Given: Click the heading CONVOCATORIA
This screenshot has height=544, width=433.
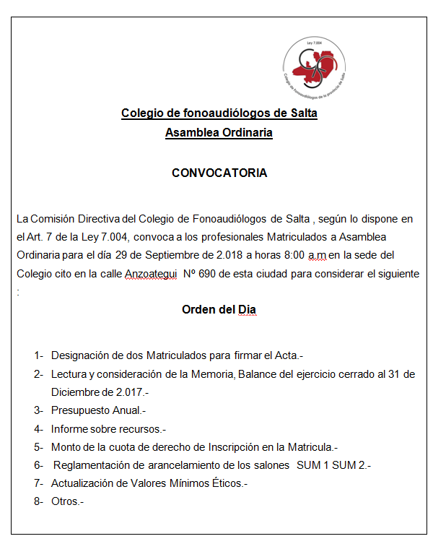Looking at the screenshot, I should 219,173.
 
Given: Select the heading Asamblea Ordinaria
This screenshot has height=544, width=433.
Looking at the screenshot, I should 219,133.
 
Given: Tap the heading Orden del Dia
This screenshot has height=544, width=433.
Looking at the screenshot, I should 219,310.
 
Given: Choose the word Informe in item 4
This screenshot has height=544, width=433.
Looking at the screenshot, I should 69,428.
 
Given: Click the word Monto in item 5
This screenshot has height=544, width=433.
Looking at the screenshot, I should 66,447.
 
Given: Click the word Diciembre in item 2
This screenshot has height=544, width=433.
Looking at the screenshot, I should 76,392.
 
